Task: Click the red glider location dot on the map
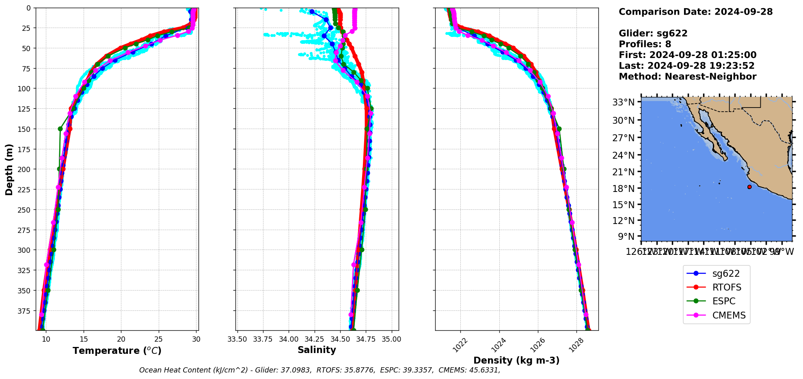tap(749, 187)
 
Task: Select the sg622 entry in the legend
tap(726, 273)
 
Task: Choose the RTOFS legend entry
tap(726, 287)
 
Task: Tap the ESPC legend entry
tap(723, 301)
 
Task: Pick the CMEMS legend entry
tap(729, 315)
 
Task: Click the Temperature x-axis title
tap(117, 351)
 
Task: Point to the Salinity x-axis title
tap(317, 350)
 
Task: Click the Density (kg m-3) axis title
tap(516, 360)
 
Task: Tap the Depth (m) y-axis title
tap(9, 169)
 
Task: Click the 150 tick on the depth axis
tap(25, 129)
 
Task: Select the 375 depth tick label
tap(25, 311)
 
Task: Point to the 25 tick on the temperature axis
tap(159, 339)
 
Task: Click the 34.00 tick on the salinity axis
tap(288, 339)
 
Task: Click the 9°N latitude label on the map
tap(626, 236)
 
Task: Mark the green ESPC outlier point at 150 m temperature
tap(60, 129)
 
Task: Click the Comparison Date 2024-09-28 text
tap(695, 12)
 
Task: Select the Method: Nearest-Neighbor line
tap(687, 77)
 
